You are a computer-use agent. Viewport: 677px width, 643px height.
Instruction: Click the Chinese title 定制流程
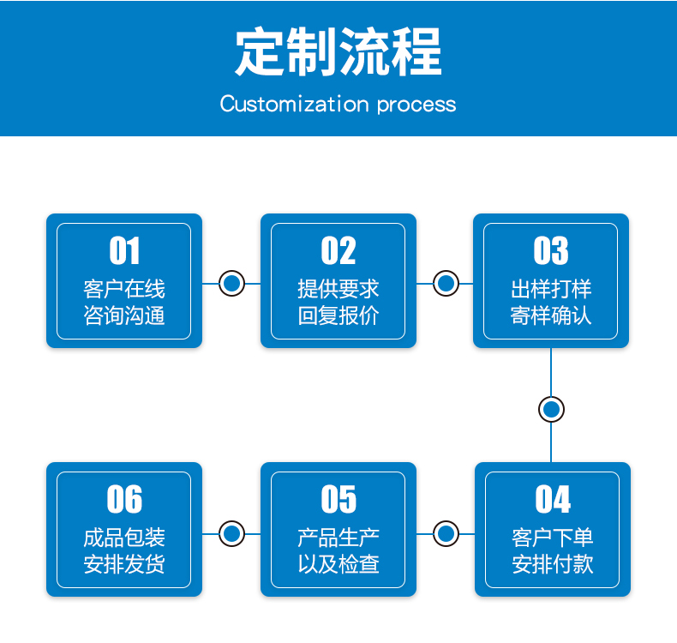point(338,51)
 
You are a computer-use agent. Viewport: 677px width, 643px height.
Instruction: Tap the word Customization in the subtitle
point(295,104)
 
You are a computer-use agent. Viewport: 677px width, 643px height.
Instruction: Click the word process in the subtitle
point(416,105)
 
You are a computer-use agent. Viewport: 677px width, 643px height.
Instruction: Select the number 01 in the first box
point(124,250)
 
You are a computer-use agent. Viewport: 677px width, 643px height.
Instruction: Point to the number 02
point(338,250)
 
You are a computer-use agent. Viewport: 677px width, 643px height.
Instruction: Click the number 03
point(551,250)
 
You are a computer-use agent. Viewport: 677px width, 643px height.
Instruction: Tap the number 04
point(553,499)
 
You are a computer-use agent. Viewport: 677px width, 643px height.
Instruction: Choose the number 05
point(338,499)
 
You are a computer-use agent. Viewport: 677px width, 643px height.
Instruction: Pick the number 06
point(124,499)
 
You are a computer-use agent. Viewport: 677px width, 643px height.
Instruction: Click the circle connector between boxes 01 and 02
point(232,284)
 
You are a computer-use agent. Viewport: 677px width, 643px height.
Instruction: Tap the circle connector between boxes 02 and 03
point(446,284)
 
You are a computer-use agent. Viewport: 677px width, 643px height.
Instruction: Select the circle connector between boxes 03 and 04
point(551,410)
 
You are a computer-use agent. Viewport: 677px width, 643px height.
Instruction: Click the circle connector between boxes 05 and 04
point(446,534)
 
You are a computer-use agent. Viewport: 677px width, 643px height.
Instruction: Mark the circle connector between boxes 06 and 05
point(232,534)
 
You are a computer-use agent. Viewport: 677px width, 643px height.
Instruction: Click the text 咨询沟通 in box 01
point(124,315)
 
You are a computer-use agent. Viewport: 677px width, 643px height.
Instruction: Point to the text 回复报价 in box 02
point(338,315)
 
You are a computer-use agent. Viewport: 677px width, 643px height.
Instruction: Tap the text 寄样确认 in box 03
point(551,315)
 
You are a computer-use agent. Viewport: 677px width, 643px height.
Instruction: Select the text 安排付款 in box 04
point(553,564)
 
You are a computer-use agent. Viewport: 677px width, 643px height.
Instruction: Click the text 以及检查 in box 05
point(338,564)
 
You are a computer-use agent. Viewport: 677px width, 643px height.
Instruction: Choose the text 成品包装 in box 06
point(124,538)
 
